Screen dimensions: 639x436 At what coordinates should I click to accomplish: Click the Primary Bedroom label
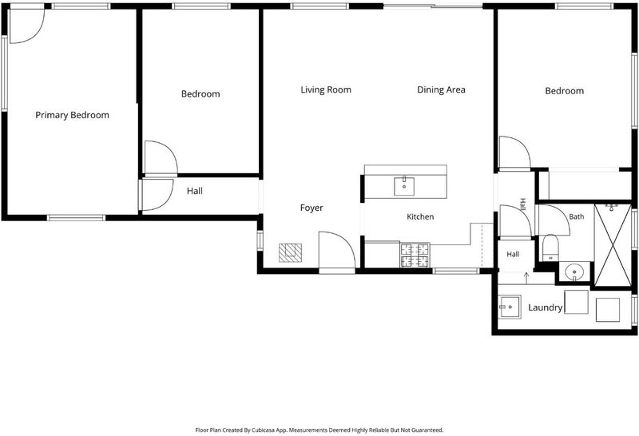pos(72,115)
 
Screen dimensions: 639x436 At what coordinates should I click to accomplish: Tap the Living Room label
pos(326,89)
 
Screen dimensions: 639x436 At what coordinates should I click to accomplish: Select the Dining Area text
pos(441,89)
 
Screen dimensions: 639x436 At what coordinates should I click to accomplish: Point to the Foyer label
pos(312,208)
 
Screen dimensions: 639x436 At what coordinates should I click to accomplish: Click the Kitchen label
pos(420,216)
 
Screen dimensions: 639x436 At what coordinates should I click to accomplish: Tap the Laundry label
pos(546,307)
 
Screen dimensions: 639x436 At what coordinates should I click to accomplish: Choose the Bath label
pos(576,216)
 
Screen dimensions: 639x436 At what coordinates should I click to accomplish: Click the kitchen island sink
pos(404,186)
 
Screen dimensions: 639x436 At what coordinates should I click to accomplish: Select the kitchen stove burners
pos(415,255)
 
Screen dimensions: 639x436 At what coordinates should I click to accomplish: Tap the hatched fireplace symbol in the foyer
pos(290,252)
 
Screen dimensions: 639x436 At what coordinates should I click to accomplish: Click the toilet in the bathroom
pos(550,248)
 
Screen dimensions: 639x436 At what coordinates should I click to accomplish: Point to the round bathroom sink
pos(574,272)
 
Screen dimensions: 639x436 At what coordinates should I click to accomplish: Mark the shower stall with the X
pos(613,245)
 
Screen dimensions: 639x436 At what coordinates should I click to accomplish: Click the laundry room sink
pos(509,307)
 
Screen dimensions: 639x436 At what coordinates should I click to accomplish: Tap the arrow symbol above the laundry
pos(526,278)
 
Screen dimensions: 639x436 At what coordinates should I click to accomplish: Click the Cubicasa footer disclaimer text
pos(319,430)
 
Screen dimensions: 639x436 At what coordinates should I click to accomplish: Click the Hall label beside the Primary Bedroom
pos(194,191)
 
